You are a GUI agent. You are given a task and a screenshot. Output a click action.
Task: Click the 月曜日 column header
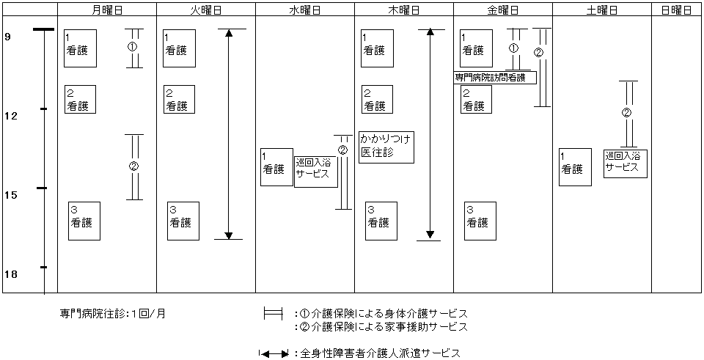[x=107, y=10]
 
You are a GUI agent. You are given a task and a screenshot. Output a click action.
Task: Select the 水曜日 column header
[x=305, y=10]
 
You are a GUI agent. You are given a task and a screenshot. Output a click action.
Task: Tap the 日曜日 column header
[x=676, y=10]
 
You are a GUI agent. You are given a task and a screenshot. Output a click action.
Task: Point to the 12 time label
[x=12, y=116]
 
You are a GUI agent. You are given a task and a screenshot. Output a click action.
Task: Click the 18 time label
[x=12, y=274]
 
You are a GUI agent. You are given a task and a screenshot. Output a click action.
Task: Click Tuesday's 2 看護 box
[x=179, y=99]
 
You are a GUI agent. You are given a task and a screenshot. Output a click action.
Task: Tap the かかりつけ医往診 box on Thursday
[x=386, y=147]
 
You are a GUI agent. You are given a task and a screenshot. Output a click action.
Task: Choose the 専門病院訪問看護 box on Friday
[x=495, y=77]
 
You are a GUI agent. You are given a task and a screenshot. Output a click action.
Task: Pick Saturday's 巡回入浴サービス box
[x=626, y=164]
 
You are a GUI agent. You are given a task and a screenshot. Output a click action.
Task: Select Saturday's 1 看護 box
[x=575, y=167]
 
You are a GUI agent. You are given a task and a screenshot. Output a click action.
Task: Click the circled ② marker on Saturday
[x=627, y=114]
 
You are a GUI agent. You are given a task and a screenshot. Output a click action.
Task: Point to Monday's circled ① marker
[x=133, y=47]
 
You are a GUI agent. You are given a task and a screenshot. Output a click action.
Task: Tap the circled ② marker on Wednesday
[x=342, y=150]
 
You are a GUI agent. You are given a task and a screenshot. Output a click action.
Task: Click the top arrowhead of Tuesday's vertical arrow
[x=229, y=34]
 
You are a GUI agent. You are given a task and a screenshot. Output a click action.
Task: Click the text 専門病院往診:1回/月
[x=113, y=314]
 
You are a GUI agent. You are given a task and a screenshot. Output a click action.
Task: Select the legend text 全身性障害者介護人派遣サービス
[x=380, y=353]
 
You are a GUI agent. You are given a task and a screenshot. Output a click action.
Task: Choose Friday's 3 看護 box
[x=480, y=221]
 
